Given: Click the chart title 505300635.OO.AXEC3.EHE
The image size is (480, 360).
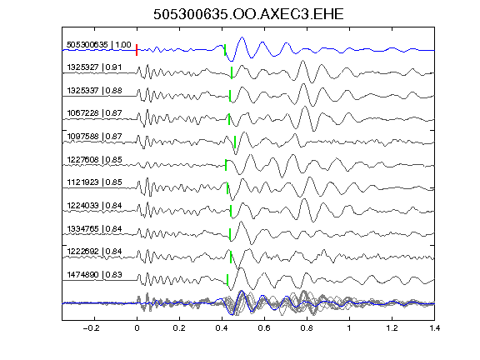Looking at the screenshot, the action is coord(248,14).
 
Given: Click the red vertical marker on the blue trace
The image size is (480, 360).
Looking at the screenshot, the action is coord(137,50).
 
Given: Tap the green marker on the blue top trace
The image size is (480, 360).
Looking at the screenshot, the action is coord(225,50).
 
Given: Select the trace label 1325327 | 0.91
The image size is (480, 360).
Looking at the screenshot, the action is coord(94,67).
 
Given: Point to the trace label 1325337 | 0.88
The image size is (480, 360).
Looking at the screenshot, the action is coord(94,90).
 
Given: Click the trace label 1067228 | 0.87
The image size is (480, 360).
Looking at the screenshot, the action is coord(94,113).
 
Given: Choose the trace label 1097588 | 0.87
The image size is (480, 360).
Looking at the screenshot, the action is coord(94,136).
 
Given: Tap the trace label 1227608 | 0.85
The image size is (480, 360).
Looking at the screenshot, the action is coord(94,159).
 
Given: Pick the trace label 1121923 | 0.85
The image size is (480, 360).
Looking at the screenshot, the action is coord(94,182).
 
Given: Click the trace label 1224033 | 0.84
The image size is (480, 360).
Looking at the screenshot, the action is coord(94,205).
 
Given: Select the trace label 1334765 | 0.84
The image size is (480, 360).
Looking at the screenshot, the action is coord(94,228).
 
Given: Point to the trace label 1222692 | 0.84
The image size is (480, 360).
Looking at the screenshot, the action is coord(94,252).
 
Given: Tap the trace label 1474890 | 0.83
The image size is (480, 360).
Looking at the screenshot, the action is coord(94,275).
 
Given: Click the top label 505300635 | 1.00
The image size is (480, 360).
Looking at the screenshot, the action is coord(99,45).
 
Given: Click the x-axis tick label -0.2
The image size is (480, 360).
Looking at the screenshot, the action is coord(91,328).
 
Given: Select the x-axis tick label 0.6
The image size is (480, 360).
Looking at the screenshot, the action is coord(264,328).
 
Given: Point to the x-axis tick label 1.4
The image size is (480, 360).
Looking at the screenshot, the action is coord(434,328).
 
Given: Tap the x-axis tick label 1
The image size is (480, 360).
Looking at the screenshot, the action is coord(349,328).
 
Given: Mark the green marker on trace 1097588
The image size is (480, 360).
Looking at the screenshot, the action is coord(235,142).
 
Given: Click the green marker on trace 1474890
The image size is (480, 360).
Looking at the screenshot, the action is coord(227,280).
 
